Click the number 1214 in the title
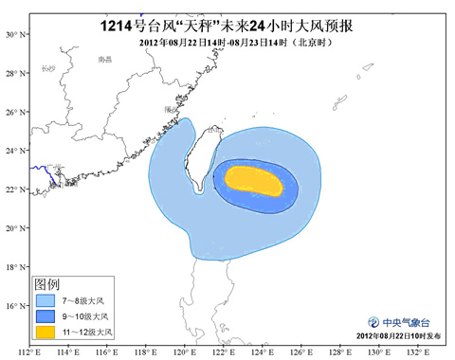point(120,13)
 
